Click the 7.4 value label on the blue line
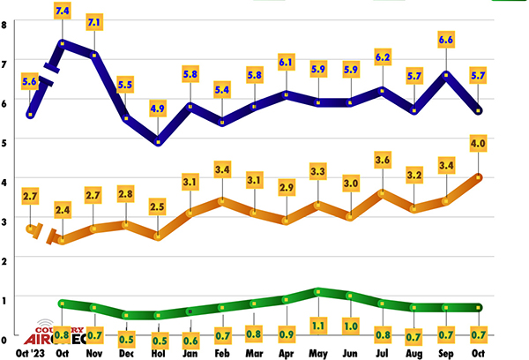click(63, 11)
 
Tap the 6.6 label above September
click(446, 40)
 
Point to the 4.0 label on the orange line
click(478, 142)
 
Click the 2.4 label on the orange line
click(63, 210)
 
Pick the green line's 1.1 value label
click(319, 323)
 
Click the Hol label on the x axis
click(158, 353)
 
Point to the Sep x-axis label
click(446, 353)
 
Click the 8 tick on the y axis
click(4, 24)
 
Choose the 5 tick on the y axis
click(4, 141)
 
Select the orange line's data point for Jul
click(383, 192)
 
